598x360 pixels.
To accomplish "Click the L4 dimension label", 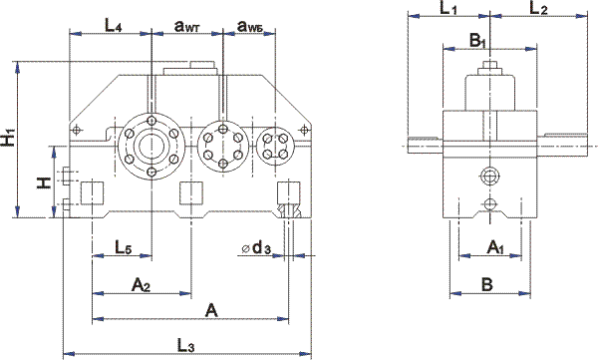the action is pyautogui.click(x=114, y=26).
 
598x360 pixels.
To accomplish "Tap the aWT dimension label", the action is pyautogui.click(x=187, y=26).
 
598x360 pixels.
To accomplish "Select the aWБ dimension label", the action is pyautogui.click(x=250, y=26).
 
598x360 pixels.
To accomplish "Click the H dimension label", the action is pyautogui.click(x=44, y=182).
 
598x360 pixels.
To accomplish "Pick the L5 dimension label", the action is pyautogui.click(x=124, y=247).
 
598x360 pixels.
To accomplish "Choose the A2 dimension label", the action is pyautogui.click(x=141, y=285).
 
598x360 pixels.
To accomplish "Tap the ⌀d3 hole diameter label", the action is pyautogui.click(x=256, y=248).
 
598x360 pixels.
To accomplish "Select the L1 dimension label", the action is pyautogui.click(x=448, y=8).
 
